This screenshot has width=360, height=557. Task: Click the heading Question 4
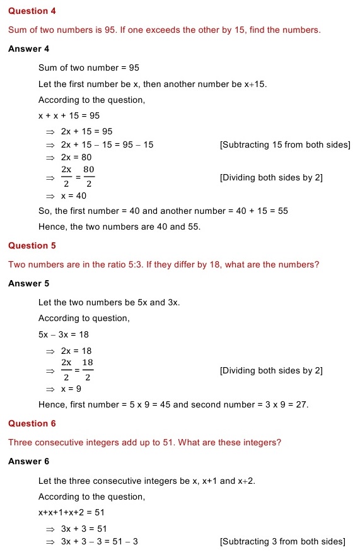click(x=28, y=11)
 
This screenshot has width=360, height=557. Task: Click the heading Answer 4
click(x=28, y=49)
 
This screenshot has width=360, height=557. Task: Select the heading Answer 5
click(x=28, y=283)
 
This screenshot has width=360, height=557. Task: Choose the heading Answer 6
click(x=28, y=461)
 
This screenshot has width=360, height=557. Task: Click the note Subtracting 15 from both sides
click(x=285, y=145)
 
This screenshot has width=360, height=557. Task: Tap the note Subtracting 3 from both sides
click(x=282, y=541)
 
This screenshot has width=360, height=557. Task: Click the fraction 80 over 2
click(x=89, y=177)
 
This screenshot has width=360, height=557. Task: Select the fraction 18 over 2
click(x=88, y=370)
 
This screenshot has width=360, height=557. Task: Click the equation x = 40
click(x=74, y=196)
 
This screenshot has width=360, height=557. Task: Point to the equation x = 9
click(x=71, y=389)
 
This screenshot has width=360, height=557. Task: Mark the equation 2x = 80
click(x=76, y=157)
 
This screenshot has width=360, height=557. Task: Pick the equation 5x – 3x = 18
click(x=63, y=334)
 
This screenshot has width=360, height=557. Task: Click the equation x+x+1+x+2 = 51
click(x=71, y=512)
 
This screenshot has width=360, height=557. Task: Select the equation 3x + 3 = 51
click(x=84, y=529)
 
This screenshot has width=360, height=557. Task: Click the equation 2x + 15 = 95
click(x=86, y=131)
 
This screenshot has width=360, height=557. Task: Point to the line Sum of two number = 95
click(x=89, y=67)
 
